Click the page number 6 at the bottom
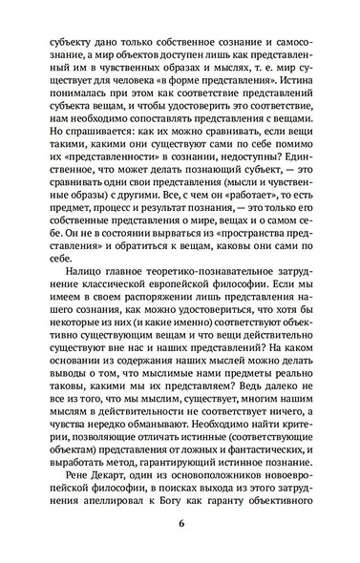click(x=180, y=524)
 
